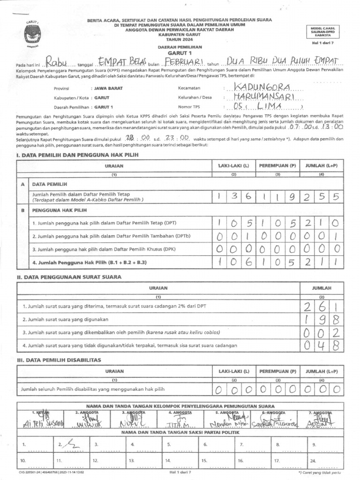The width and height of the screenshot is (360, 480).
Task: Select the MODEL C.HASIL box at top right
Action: coord(324,32)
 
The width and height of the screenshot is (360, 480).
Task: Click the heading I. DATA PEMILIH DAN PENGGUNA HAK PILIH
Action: coord(71,155)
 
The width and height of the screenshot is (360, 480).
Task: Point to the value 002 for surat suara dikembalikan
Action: coord(322,332)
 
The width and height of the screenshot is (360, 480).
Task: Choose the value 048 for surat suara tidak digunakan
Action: coord(322,345)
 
